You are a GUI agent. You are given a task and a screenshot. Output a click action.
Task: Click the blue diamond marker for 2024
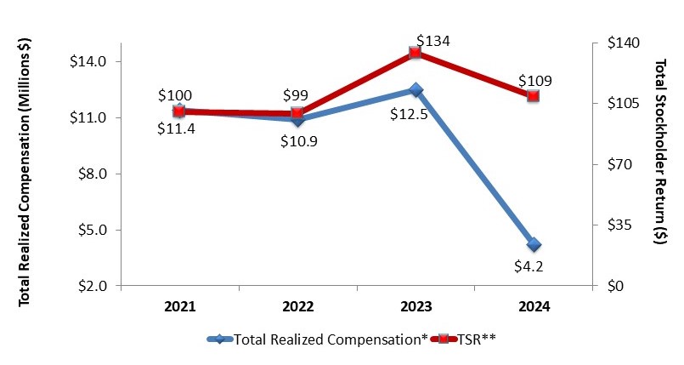click(534, 245)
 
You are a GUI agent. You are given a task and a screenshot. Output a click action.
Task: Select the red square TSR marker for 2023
click(415, 53)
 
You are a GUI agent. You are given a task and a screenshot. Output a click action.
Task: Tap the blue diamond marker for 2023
click(415, 89)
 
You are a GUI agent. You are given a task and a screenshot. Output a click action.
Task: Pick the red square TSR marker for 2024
click(534, 96)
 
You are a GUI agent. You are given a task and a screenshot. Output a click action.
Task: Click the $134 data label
click(432, 40)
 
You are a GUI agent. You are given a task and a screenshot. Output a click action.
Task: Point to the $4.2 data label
click(534, 265)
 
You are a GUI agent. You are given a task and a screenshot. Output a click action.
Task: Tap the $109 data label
click(534, 81)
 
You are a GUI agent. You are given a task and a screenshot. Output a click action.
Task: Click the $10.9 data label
click(298, 141)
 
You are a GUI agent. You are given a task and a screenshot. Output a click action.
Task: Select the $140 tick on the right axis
click(621, 43)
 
